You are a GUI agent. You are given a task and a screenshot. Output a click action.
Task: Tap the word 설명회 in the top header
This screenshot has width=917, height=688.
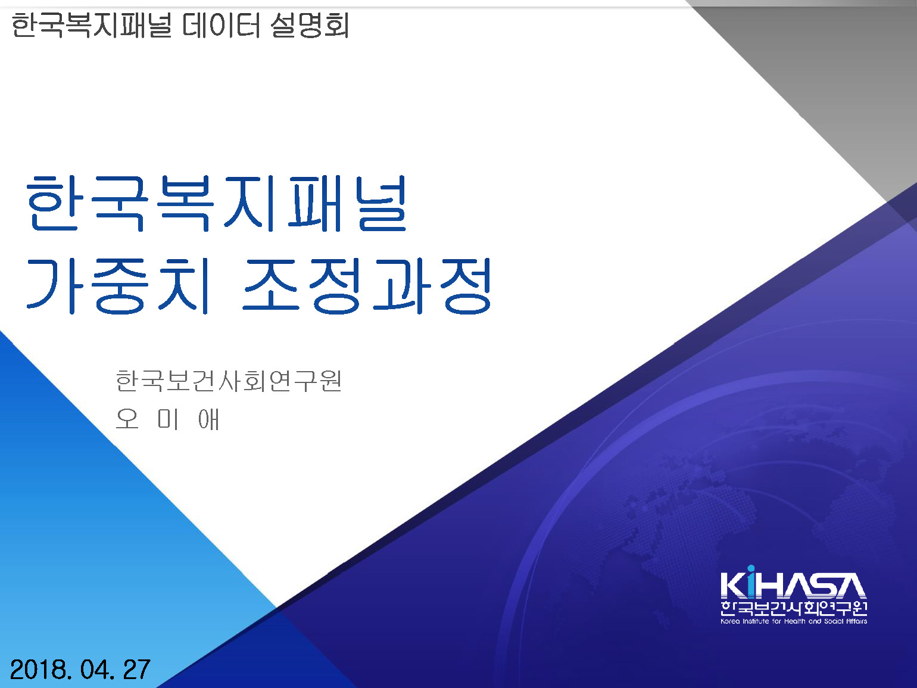pos(310,25)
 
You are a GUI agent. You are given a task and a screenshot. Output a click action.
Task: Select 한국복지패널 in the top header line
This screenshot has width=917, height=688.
pos(92,25)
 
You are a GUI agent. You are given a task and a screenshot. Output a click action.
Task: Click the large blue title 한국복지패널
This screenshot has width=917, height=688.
pos(216,203)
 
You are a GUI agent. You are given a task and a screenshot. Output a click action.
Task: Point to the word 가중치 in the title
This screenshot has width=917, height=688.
pos(117,286)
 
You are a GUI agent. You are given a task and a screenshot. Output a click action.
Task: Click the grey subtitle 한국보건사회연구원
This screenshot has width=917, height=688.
pos(229,381)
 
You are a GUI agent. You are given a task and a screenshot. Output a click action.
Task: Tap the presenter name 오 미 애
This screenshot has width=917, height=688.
pos(167,419)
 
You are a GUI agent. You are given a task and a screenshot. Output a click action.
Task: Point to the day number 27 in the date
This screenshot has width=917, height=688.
pos(136,670)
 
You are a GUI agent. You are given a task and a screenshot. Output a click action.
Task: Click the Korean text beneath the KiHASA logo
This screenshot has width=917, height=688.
pos(794,608)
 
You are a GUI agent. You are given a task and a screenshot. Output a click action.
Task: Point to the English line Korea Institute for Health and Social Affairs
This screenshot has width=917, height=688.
pos(794,621)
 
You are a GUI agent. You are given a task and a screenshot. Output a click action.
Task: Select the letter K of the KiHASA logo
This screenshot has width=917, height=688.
pos(733,585)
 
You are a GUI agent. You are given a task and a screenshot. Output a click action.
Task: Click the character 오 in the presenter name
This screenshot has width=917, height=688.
pos(127,419)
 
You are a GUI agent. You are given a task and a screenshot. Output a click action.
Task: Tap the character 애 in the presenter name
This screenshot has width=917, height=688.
pos(208,419)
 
